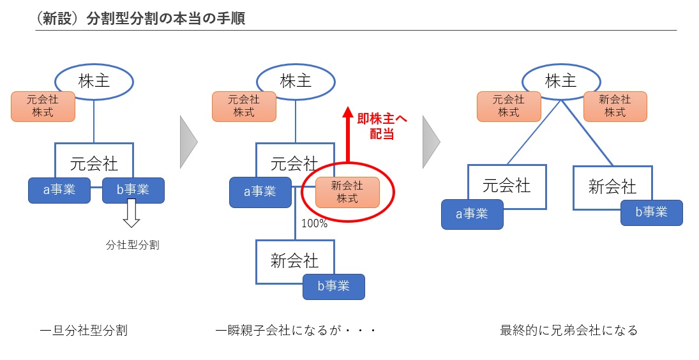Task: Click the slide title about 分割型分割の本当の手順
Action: (x=141, y=19)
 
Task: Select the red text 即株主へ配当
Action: (x=382, y=126)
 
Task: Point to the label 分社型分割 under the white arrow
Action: (x=132, y=244)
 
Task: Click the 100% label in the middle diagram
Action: (x=315, y=223)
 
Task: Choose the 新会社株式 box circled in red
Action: (x=347, y=192)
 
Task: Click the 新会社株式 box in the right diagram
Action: (x=615, y=107)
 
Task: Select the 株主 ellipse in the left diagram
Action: (x=94, y=80)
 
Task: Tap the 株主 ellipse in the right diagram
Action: (x=561, y=80)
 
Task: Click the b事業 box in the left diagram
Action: (x=133, y=190)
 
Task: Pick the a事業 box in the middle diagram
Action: (x=260, y=191)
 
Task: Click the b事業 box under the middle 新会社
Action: (x=333, y=287)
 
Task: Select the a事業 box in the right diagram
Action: (x=472, y=214)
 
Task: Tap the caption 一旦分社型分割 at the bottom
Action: (x=84, y=331)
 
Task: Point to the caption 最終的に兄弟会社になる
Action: (x=569, y=331)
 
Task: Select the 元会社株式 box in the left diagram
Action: (x=43, y=107)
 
